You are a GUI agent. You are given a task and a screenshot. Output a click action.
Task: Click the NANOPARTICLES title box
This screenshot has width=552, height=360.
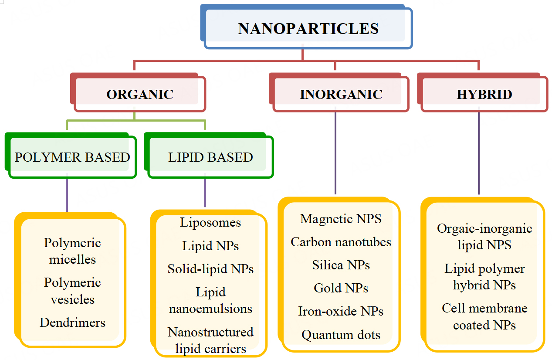(x=308, y=29)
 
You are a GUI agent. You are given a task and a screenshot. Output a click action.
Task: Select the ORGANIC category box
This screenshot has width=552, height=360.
(x=140, y=94)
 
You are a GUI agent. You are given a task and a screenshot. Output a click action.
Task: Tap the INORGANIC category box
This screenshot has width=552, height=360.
(x=341, y=94)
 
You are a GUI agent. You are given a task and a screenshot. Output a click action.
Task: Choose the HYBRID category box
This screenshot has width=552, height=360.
(x=484, y=94)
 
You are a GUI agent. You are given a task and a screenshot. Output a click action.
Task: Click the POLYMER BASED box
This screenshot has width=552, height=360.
(x=72, y=157)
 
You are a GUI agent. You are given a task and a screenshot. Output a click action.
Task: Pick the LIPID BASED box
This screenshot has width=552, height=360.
(x=210, y=157)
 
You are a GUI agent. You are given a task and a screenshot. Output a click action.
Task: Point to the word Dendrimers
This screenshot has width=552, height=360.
(x=72, y=323)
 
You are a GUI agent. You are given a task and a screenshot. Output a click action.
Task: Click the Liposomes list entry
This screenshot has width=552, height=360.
(x=210, y=223)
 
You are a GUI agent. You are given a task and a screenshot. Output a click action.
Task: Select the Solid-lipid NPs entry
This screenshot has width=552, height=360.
(x=210, y=269)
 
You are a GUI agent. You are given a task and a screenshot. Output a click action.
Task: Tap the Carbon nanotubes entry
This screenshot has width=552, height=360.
(x=341, y=242)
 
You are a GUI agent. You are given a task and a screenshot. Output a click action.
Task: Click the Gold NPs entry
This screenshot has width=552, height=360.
(x=341, y=288)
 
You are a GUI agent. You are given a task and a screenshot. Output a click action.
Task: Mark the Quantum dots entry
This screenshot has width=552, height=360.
(x=341, y=335)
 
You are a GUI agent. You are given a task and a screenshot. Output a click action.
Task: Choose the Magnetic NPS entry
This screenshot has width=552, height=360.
(x=341, y=219)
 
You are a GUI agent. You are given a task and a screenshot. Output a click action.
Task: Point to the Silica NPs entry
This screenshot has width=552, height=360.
(x=341, y=265)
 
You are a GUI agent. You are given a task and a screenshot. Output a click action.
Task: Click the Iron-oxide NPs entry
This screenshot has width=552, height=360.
(x=341, y=312)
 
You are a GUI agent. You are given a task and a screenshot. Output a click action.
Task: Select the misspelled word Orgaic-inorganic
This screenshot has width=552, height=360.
(x=484, y=229)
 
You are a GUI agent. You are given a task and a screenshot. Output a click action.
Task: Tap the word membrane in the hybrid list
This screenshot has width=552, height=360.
(x=501, y=309)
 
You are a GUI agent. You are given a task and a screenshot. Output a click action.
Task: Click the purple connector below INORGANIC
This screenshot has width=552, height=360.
(x=335, y=153)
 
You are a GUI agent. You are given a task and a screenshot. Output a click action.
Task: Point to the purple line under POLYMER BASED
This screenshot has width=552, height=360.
(x=67, y=194)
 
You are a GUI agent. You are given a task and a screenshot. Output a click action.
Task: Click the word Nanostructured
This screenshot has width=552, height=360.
(x=210, y=332)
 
